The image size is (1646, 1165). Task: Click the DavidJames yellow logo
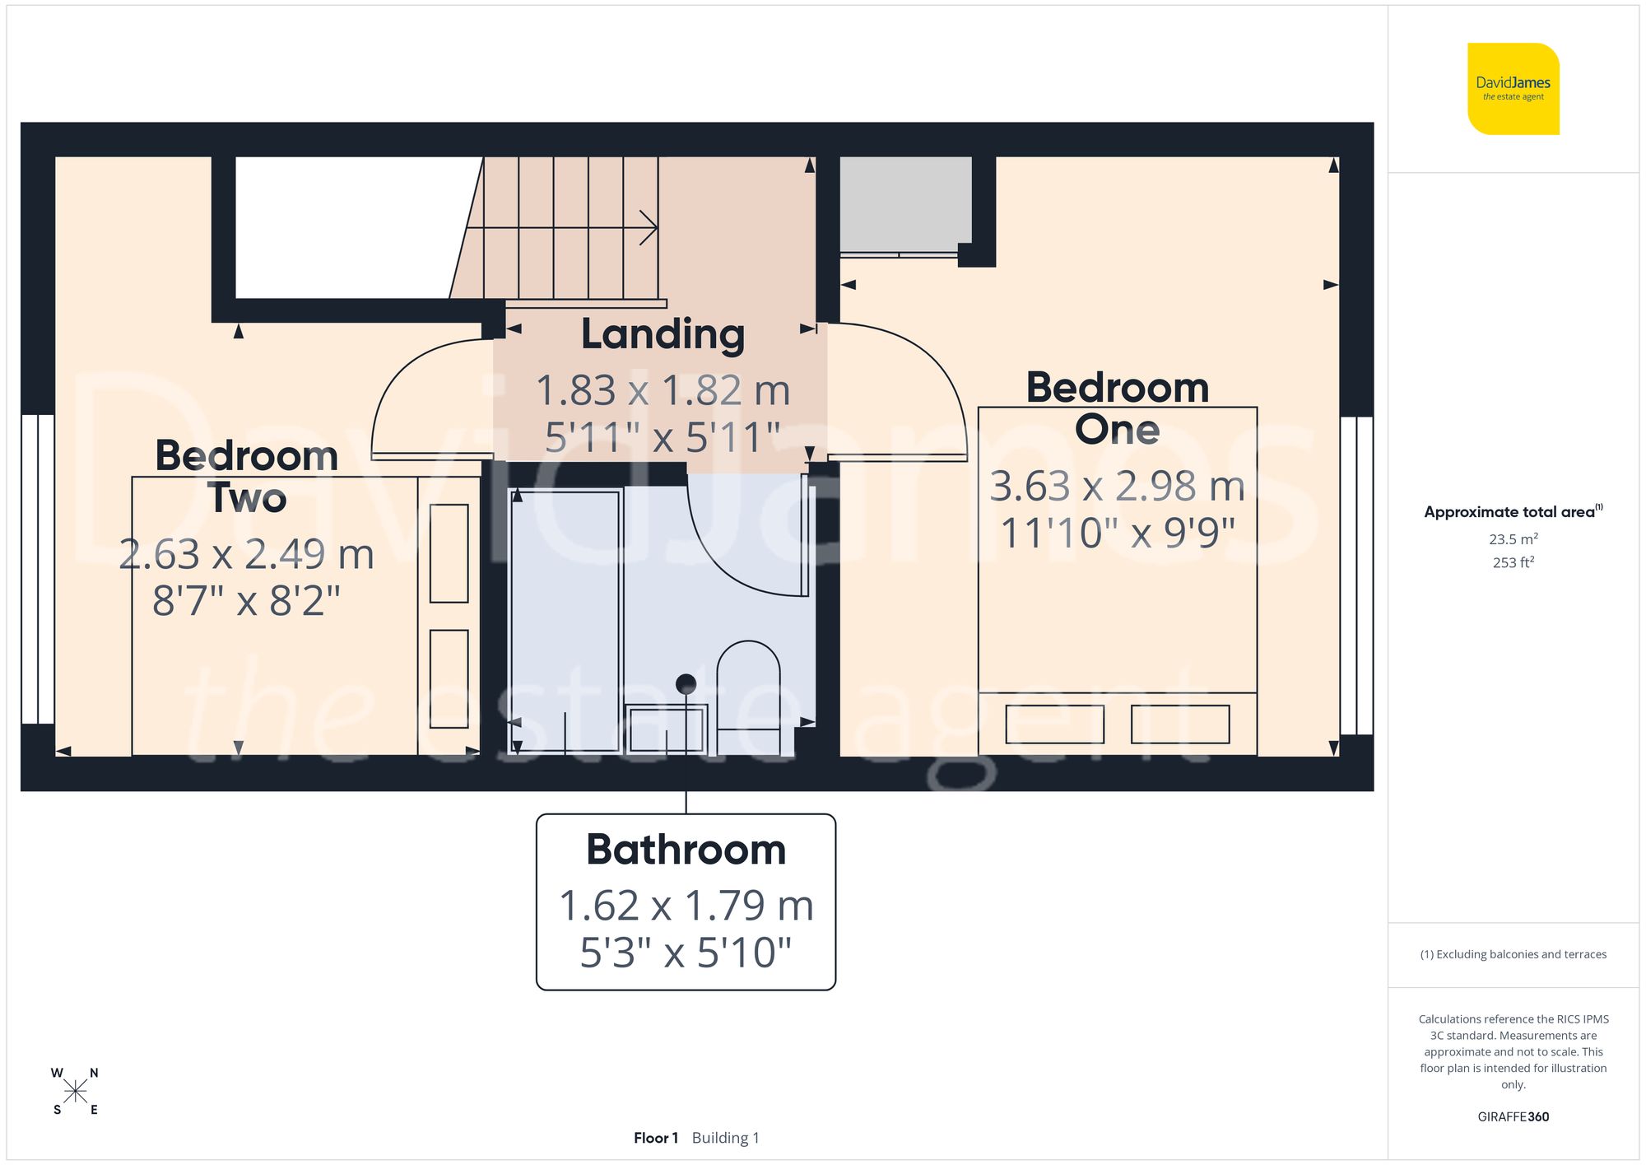pos(1513,89)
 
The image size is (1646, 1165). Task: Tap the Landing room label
pos(663,334)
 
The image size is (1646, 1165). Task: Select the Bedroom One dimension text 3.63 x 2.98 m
pos(1117,486)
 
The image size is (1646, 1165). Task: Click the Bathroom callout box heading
pos(686,850)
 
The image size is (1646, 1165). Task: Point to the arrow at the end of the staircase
pos(649,228)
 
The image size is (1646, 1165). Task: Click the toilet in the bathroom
pos(748,692)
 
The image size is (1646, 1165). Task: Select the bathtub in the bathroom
pos(565,622)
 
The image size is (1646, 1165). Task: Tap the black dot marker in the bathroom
pos(686,683)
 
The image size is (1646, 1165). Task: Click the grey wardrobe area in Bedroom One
pos(904,204)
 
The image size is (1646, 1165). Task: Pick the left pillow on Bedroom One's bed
pos(1054,725)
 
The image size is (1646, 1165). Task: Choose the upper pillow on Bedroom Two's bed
pos(449,553)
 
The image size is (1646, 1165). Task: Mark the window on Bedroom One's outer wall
pos(1356,576)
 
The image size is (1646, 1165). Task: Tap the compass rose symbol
pos(75,1092)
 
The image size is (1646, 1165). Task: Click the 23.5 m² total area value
pos(1513,539)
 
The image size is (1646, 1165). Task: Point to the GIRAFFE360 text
pos(1513,1117)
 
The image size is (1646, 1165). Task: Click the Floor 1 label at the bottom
pos(655,1138)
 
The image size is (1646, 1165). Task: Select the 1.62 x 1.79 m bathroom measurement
pos(686,906)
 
